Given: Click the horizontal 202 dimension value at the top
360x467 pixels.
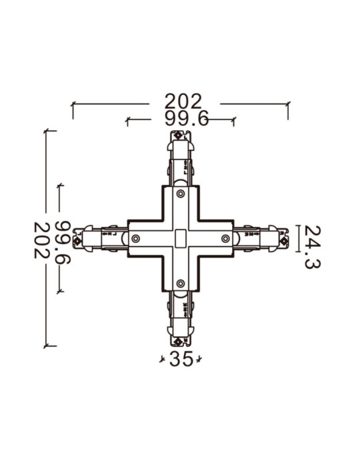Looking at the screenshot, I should click(183, 101).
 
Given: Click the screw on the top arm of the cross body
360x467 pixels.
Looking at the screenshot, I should click(181, 193).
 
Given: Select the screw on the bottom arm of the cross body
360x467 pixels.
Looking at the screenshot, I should click(181, 284).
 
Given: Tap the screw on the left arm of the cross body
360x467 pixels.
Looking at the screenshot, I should click(136, 239).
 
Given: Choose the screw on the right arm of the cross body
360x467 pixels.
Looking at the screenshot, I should click(225, 239).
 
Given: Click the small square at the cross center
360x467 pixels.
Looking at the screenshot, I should click(181, 239).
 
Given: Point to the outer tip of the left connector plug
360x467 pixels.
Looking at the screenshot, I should click(76, 238).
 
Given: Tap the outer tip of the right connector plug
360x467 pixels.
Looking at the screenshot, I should click(285, 238).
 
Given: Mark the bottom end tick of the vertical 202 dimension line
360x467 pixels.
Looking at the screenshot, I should click(46, 346).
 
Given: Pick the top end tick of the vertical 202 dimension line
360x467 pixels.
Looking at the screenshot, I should click(46, 131).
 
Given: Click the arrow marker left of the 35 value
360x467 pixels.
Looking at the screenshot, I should click(162, 360).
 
